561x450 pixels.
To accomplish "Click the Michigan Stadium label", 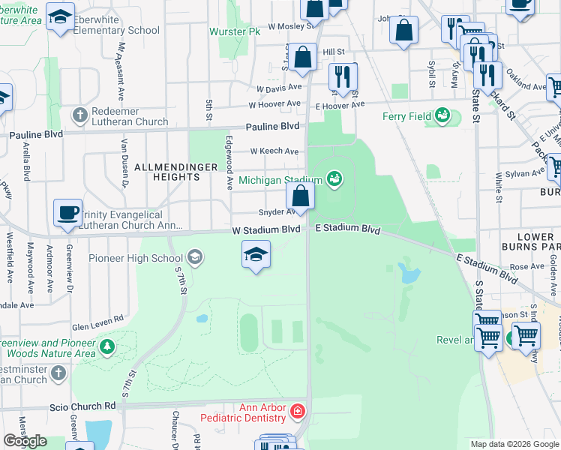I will tap(280, 180).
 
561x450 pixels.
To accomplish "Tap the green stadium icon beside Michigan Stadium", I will tap(334, 179).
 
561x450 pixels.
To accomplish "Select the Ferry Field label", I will tap(406, 116).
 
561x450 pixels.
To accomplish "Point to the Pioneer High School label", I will tap(136, 259).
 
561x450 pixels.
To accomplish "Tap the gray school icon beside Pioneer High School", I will tap(194, 259).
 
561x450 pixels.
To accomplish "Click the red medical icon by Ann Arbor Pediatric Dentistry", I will tap(298, 412).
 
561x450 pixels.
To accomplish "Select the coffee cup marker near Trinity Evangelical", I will tap(67, 213).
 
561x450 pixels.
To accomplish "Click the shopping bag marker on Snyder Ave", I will tap(300, 198).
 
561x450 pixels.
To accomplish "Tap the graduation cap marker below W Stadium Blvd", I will tap(256, 254).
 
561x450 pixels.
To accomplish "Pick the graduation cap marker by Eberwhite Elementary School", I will tap(60, 16).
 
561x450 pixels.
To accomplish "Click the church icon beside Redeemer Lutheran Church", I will tap(79, 115).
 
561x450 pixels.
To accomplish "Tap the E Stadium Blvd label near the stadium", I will tap(347, 229).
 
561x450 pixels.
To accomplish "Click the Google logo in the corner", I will tap(25, 441).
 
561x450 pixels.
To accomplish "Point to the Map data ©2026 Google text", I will tap(514, 444).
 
